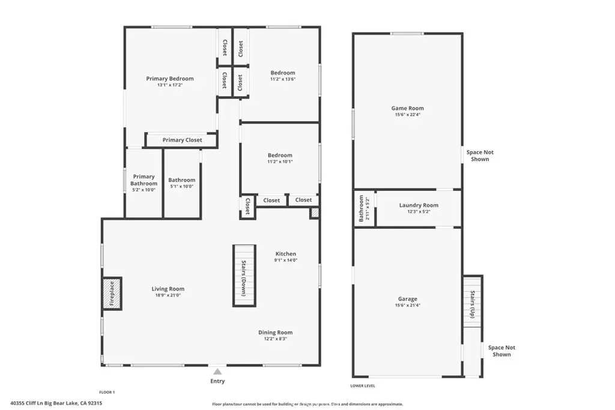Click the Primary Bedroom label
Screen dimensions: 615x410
click(170, 79)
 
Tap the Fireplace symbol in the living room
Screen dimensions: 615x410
click(112, 294)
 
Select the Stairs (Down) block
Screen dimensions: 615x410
click(244, 276)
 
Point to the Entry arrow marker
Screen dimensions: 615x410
click(217, 372)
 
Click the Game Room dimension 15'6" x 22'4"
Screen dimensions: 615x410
click(408, 115)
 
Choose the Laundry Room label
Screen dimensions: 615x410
click(419, 205)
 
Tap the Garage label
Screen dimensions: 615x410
click(408, 299)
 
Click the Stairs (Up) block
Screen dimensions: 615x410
click(472, 301)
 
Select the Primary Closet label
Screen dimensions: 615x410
click(183, 140)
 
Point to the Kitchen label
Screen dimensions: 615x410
click(285, 253)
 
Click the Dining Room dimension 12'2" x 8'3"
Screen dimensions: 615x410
click(275, 339)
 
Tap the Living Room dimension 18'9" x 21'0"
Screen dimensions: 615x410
click(168, 295)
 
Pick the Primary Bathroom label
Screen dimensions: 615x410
click(144, 180)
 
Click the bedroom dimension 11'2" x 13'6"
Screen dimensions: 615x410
click(283, 79)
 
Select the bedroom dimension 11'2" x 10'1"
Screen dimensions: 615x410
click(280, 161)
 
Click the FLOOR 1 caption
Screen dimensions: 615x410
click(107, 392)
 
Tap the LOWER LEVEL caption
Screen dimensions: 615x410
click(362, 386)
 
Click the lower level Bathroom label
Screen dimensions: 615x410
click(361, 208)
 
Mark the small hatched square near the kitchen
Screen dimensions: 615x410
click(315, 213)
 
